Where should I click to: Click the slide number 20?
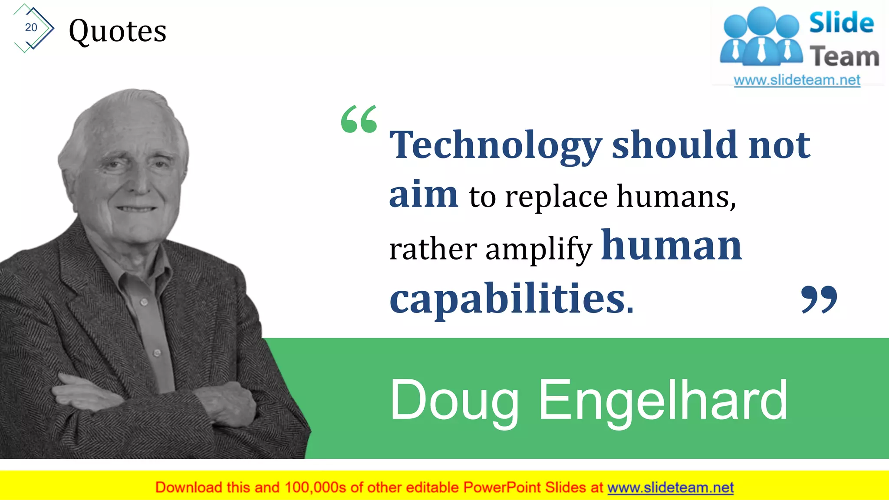point(31,27)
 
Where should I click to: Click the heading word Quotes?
point(118,31)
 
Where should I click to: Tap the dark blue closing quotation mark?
point(819,299)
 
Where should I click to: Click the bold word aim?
point(423,194)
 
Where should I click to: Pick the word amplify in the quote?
point(539,250)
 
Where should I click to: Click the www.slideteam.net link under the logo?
point(797,80)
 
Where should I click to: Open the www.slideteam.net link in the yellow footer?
point(670,487)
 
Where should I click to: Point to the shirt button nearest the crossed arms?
point(157,353)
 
